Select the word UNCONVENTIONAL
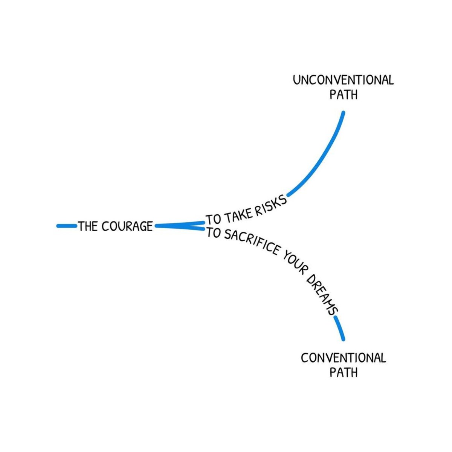(x=343, y=80)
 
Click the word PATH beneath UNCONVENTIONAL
(x=343, y=95)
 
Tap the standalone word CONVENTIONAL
(x=343, y=357)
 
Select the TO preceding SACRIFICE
(x=213, y=234)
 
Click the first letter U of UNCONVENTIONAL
(x=296, y=80)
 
